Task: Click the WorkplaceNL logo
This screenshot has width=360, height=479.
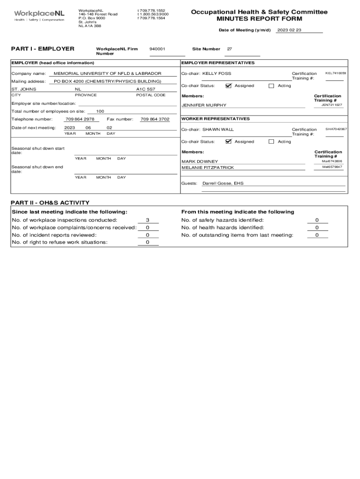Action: click(39, 16)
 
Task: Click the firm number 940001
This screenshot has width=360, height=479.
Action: click(157, 49)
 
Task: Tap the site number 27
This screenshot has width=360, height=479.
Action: click(230, 49)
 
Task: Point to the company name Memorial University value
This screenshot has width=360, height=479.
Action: click(108, 73)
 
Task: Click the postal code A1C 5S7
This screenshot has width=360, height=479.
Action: click(145, 89)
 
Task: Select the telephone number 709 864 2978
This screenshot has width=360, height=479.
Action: click(80, 119)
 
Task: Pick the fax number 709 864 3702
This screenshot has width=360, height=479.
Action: click(155, 119)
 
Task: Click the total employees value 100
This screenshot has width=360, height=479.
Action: click(100, 111)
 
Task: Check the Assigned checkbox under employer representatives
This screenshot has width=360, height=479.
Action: click(228, 86)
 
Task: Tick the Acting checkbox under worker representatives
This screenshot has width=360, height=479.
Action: click(271, 141)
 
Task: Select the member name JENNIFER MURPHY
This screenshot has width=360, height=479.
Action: click(204, 105)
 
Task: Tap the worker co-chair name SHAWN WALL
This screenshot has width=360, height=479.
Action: click(218, 129)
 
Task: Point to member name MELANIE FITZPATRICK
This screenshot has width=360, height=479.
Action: click(208, 167)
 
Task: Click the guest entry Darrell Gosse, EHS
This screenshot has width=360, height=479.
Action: click(223, 183)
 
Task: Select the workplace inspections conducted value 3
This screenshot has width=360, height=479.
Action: click(148, 220)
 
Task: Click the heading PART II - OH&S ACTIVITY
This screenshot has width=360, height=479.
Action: click(50, 203)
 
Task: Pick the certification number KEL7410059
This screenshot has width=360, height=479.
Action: click(336, 73)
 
